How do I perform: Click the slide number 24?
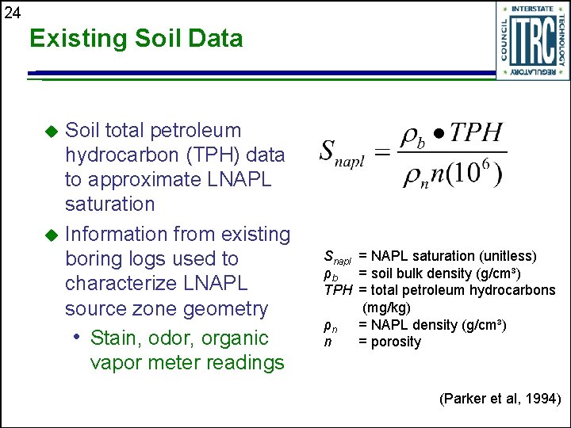(12, 12)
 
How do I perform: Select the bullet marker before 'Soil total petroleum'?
(52, 131)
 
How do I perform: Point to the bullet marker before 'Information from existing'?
(52, 235)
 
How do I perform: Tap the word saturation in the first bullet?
(109, 204)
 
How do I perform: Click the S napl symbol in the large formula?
(341, 153)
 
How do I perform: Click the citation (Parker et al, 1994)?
(500, 399)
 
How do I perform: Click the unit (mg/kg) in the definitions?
(386, 308)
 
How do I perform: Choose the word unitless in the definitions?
(505, 256)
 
